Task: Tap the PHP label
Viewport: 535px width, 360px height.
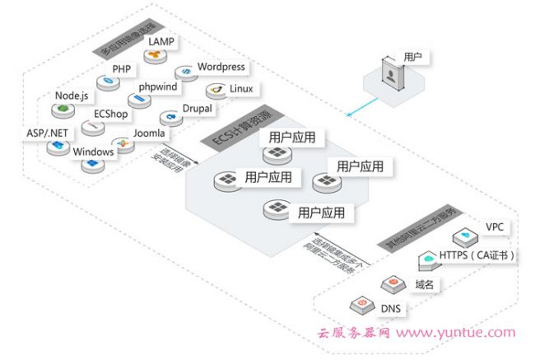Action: coord(122,68)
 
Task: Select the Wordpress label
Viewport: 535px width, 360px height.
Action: coord(222,66)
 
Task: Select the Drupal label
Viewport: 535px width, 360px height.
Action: coord(198,108)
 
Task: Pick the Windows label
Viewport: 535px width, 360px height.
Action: coord(93,152)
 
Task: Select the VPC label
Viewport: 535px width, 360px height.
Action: coord(494,227)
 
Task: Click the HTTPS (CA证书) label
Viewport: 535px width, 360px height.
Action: coord(479,255)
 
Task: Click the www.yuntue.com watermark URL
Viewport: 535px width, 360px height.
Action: coord(468,334)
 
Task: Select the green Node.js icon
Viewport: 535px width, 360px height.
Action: coord(60,110)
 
